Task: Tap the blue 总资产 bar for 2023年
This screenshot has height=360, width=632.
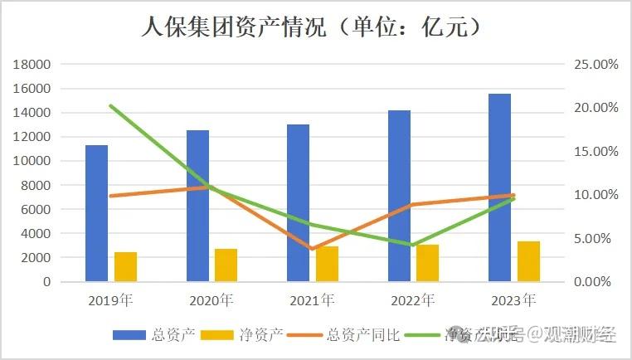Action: pos(499,187)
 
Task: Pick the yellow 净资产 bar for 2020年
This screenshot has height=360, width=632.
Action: pos(226,265)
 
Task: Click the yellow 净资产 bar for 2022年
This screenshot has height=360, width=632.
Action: pos(428,263)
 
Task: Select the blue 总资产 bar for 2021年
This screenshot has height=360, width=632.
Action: pos(298,203)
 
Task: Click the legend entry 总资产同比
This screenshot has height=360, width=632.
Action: pos(363,335)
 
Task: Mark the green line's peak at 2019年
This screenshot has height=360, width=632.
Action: pos(111,106)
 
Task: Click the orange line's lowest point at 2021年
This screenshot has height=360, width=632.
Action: pos(312,249)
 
